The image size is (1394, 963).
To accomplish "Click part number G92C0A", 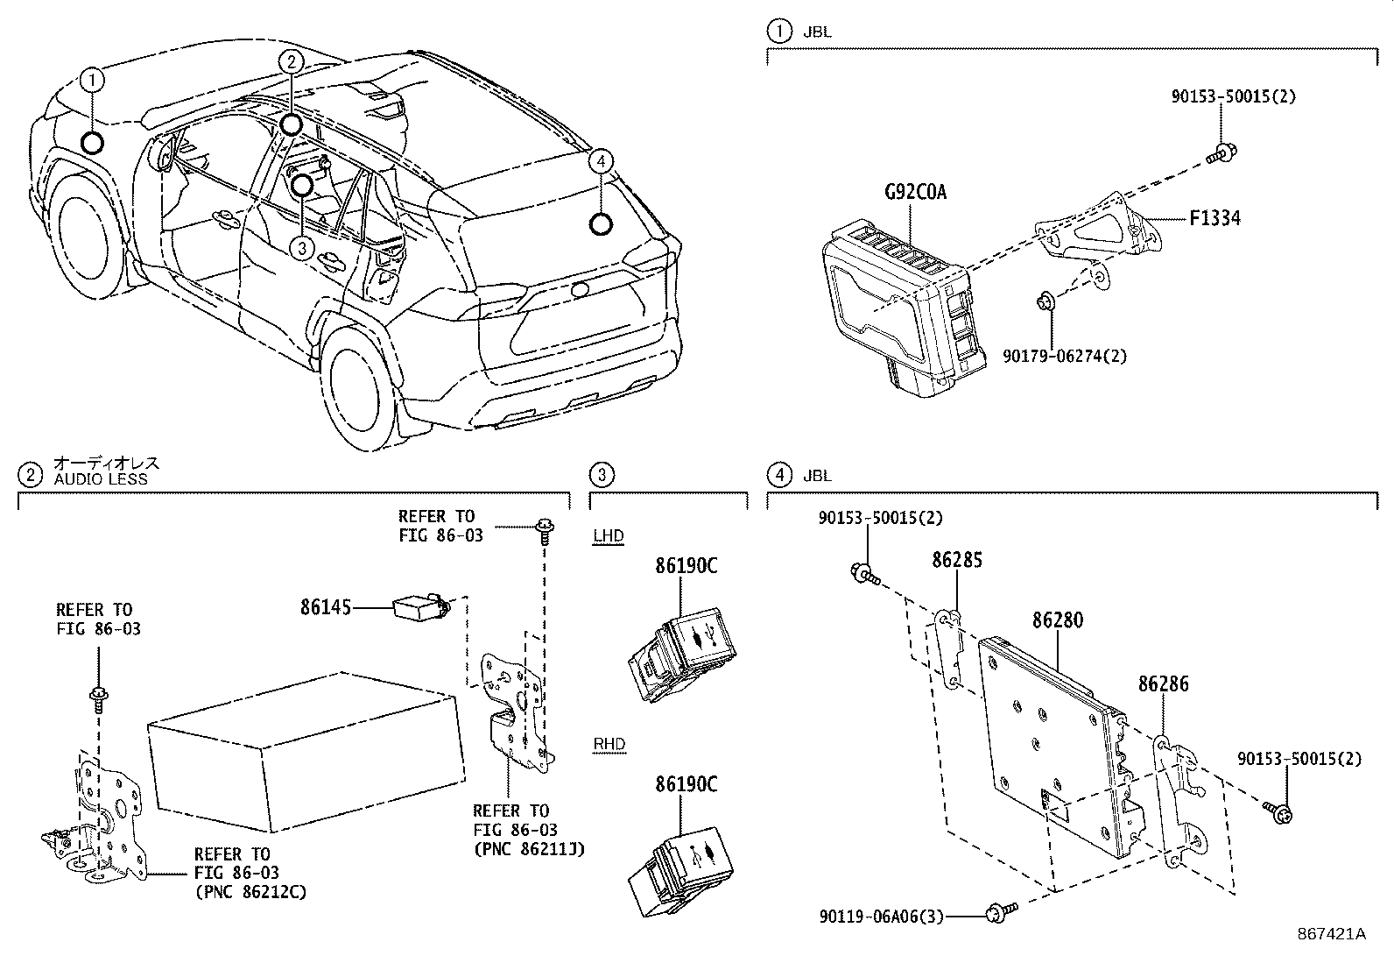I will [915, 192].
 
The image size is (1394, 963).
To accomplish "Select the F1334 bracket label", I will [1214, 218].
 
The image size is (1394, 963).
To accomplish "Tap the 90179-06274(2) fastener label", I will [1065, 356].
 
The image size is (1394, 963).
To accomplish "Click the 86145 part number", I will [325, 606].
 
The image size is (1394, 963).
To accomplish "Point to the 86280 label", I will [1057, 620].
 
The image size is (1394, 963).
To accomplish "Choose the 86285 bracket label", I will [956, 560].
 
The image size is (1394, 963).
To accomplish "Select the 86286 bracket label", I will [1163, 683].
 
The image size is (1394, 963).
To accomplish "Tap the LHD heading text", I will [609, 535].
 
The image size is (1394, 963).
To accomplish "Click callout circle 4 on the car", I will [599, 161].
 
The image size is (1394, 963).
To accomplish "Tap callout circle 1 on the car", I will [92, 81].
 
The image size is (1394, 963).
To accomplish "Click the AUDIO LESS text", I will [101, 479].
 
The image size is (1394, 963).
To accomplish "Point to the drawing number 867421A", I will [1331, 933].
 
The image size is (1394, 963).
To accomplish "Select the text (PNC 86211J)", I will [528, 848].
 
